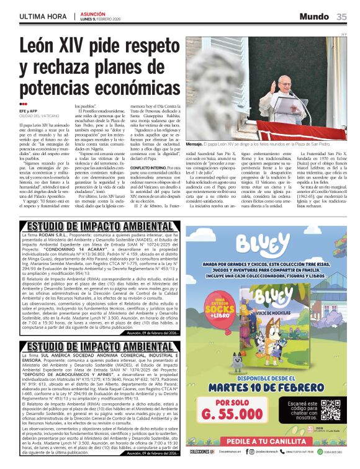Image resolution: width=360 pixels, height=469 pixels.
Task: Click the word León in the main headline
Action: [45, 47]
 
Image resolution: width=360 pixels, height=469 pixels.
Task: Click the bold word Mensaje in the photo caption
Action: [198, 143]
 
